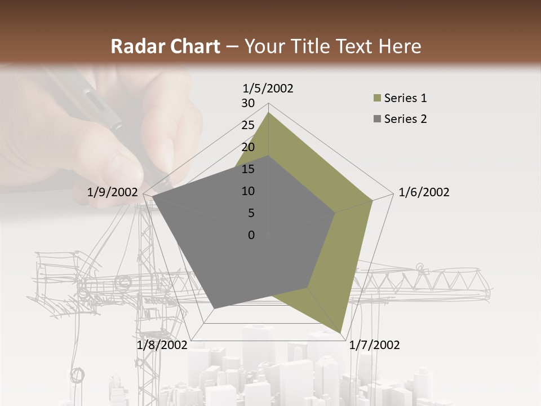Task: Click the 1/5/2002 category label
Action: [268, 88]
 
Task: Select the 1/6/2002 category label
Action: [424, 192]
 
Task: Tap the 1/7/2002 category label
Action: [374, 345]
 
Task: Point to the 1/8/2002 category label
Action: [162, 345]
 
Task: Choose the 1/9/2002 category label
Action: [112, 192]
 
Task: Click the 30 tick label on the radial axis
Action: [248, 103]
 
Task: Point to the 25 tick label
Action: [248, 125]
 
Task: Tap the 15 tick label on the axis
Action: [248, 169]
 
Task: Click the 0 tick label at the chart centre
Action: [251, 235]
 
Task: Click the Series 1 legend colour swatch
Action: [377, 99]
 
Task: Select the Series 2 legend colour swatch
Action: [377, 119]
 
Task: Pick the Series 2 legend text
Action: [405, 119]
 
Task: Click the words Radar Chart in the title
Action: [165, 47]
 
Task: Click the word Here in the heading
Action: [400, 47]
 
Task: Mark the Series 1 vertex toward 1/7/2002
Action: [340, 333]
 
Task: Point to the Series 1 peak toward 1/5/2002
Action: [268, 112]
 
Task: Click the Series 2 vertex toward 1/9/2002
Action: [152, 197]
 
